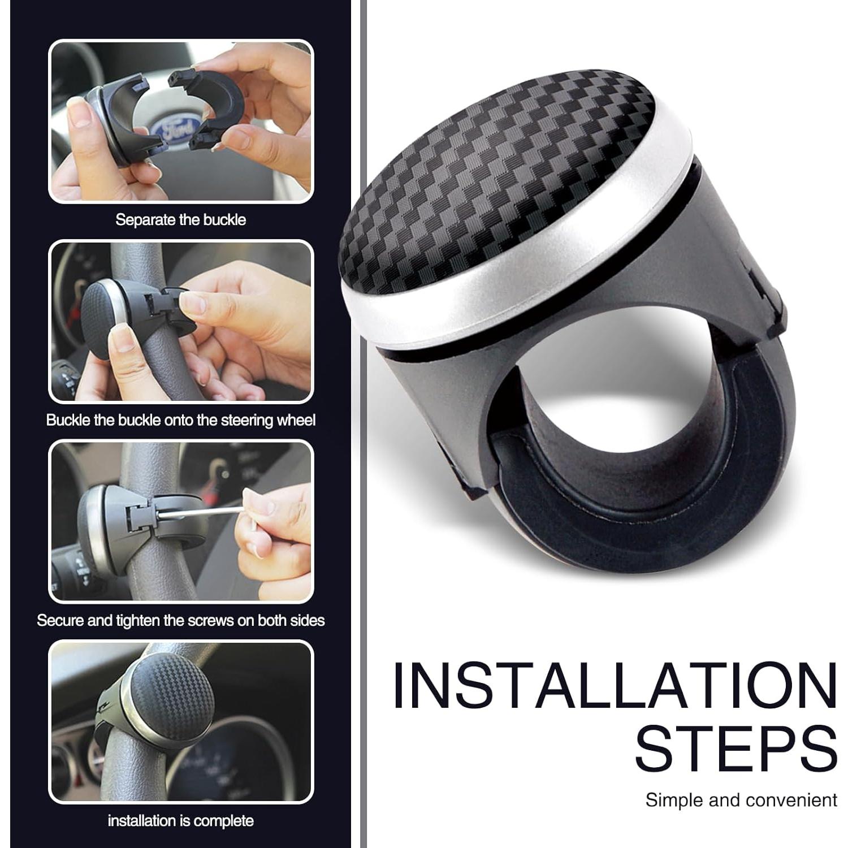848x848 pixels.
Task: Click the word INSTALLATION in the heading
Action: click(615, 686)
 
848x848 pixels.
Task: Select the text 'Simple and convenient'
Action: click(741, 800)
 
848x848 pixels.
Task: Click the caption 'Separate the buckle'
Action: click(180, 219)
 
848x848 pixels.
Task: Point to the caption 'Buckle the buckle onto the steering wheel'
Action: click(180, 420)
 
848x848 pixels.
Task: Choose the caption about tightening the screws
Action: click(180, 620)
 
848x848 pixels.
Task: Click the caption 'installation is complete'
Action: click(180, 820)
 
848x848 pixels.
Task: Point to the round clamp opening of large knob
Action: click(594, 396)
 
